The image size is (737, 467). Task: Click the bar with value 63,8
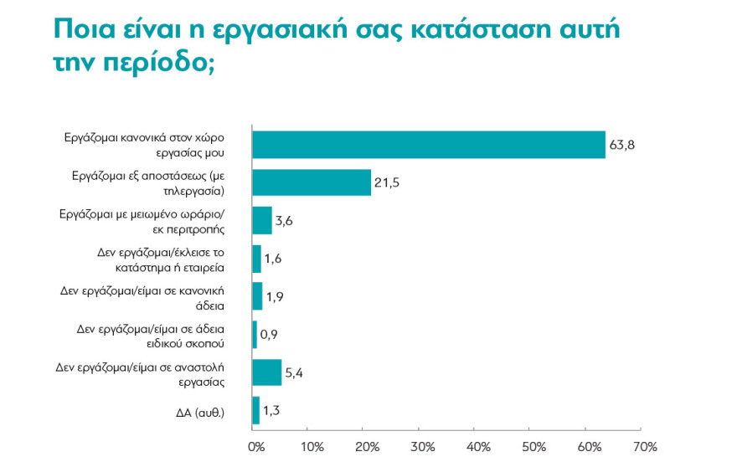tap(428, 145)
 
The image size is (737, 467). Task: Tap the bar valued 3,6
tap(262, 221)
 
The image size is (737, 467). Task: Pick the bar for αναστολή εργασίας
tap(267, 372)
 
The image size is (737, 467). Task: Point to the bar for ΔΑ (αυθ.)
tap(256, 410)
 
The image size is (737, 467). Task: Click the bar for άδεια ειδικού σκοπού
tap(255, 335)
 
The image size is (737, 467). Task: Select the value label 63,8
tap(622, 146)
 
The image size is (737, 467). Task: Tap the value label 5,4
tap(294, 373)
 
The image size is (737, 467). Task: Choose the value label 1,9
tap(274, 297)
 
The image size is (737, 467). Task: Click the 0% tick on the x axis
tap(256, 446)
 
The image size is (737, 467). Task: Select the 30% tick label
tap(424, 446)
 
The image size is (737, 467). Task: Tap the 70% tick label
tap(644, 446)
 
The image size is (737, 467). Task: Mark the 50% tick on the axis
tap(534, 446)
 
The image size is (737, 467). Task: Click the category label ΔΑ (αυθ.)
tap(199, 411)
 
